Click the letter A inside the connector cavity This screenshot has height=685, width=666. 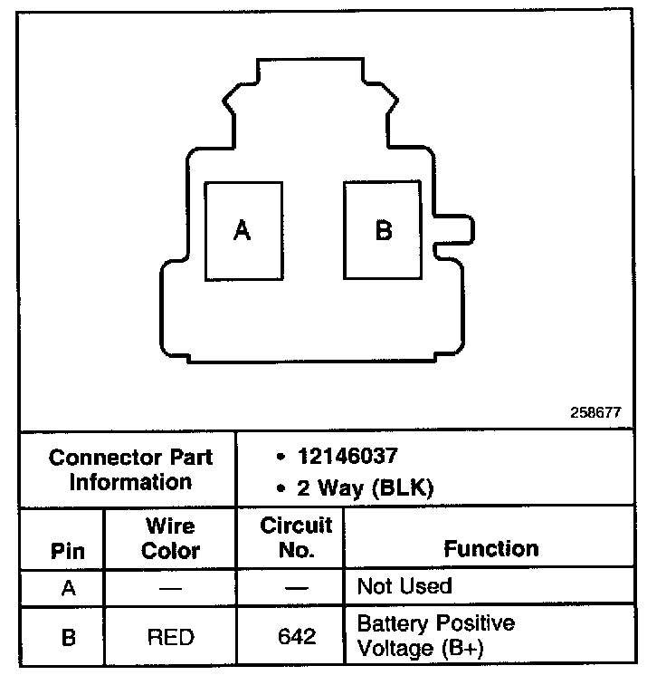tap(242, 231)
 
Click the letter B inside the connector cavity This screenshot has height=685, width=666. tap(384, 230)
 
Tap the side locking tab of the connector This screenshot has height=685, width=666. tap(452, 230)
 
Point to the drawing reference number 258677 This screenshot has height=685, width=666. tap(595, 411)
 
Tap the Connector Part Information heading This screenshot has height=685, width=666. tap(131, 469)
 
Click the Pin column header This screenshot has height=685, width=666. tap(68, 551)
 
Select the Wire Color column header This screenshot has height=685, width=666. tap(171, 538)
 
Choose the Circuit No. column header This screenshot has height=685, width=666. tap(296, 538)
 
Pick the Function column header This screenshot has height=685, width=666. tap(490, 548)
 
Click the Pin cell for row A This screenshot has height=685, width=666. tap(68, 587)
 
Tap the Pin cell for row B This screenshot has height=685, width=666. tap(68, 637)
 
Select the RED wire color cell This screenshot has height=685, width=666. tap(170, 637)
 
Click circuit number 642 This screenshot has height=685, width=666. tap(297, 637)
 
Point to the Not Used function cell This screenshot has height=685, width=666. tap(404, 586)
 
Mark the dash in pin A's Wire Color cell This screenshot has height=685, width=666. tap(170, 587)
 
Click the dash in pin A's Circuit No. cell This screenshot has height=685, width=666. tap(297, 587)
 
